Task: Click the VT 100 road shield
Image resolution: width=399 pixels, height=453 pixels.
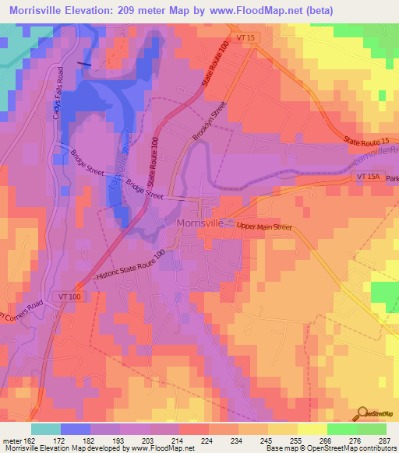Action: coord(88,297)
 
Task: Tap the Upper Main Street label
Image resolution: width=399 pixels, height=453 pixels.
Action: coord(263,227)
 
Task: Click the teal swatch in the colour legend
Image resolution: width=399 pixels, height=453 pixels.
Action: coord(45,429)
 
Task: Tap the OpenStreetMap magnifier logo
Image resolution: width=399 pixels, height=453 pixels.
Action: coord(362,412)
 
